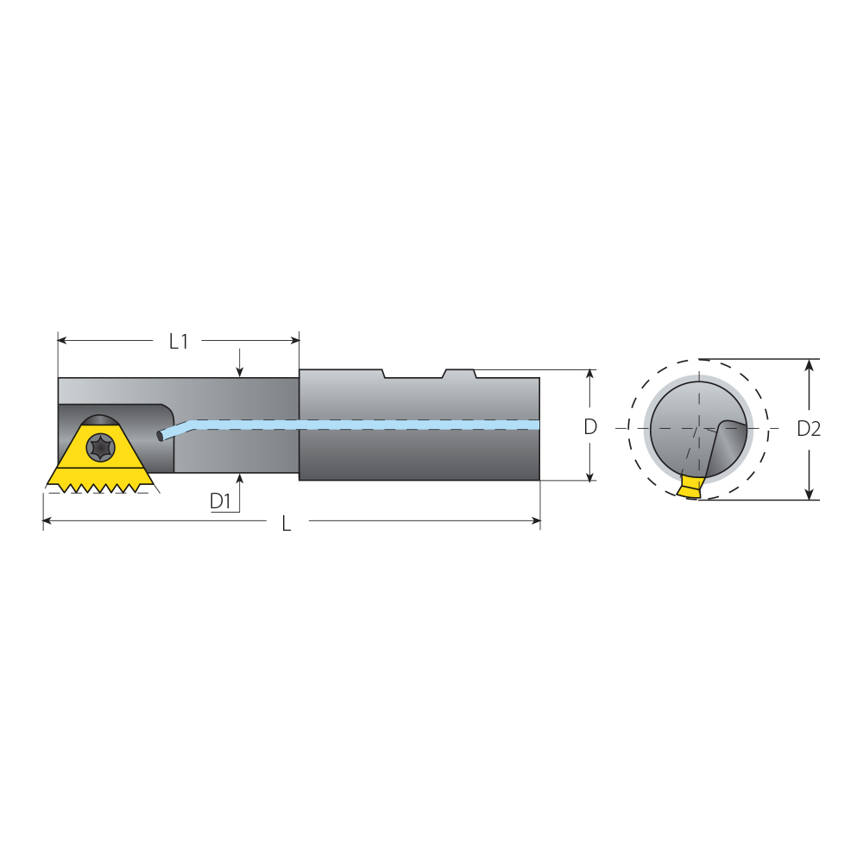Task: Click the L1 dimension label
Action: [179, 342]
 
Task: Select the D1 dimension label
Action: [220, 501]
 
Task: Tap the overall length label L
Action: [287, 524]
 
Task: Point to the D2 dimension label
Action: [809, 429]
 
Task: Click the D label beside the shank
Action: [590, 426]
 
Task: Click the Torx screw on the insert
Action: [101, 446]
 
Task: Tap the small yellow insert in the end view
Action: [690, 487]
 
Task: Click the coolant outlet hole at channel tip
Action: [160, 436]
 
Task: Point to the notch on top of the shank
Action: [413, 374]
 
